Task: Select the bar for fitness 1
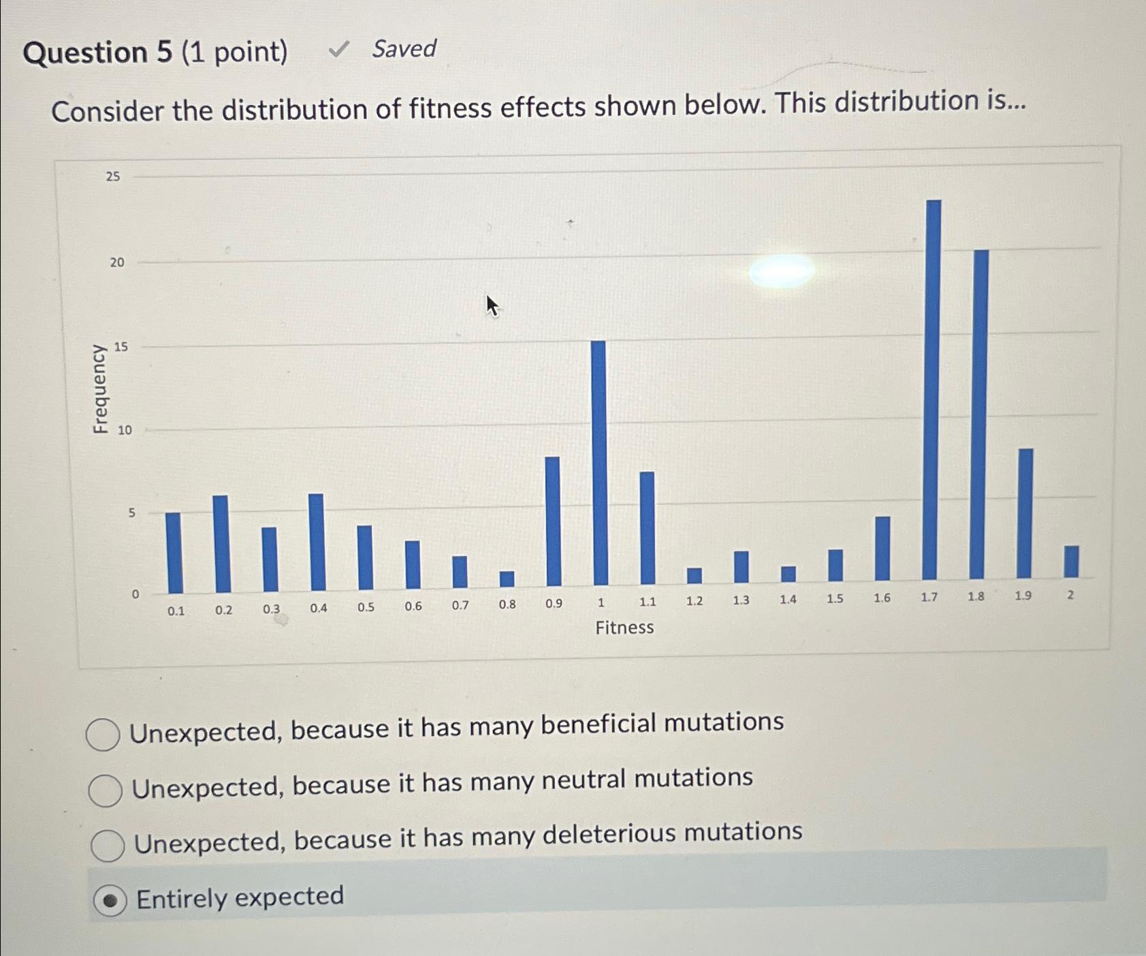[599, 463]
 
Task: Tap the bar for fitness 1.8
[980, 414]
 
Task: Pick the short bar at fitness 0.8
[507, 579]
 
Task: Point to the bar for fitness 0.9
[553, 521]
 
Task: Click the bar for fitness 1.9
[1025, 513]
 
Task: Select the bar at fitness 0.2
[221, 544]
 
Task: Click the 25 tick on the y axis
[112, 176]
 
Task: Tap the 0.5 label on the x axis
[366, 607]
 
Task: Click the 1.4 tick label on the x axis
[788, 600]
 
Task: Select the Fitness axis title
[624, 628]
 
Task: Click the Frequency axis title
[100, 389]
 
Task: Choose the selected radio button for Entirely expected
[110, 901]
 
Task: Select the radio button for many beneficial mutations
[104, 735]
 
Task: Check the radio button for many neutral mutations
[106, 790]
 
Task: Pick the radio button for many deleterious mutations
[108, 846]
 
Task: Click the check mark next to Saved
[338, 49]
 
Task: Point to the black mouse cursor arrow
[492, 305]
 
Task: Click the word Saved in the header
[404, 49]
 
